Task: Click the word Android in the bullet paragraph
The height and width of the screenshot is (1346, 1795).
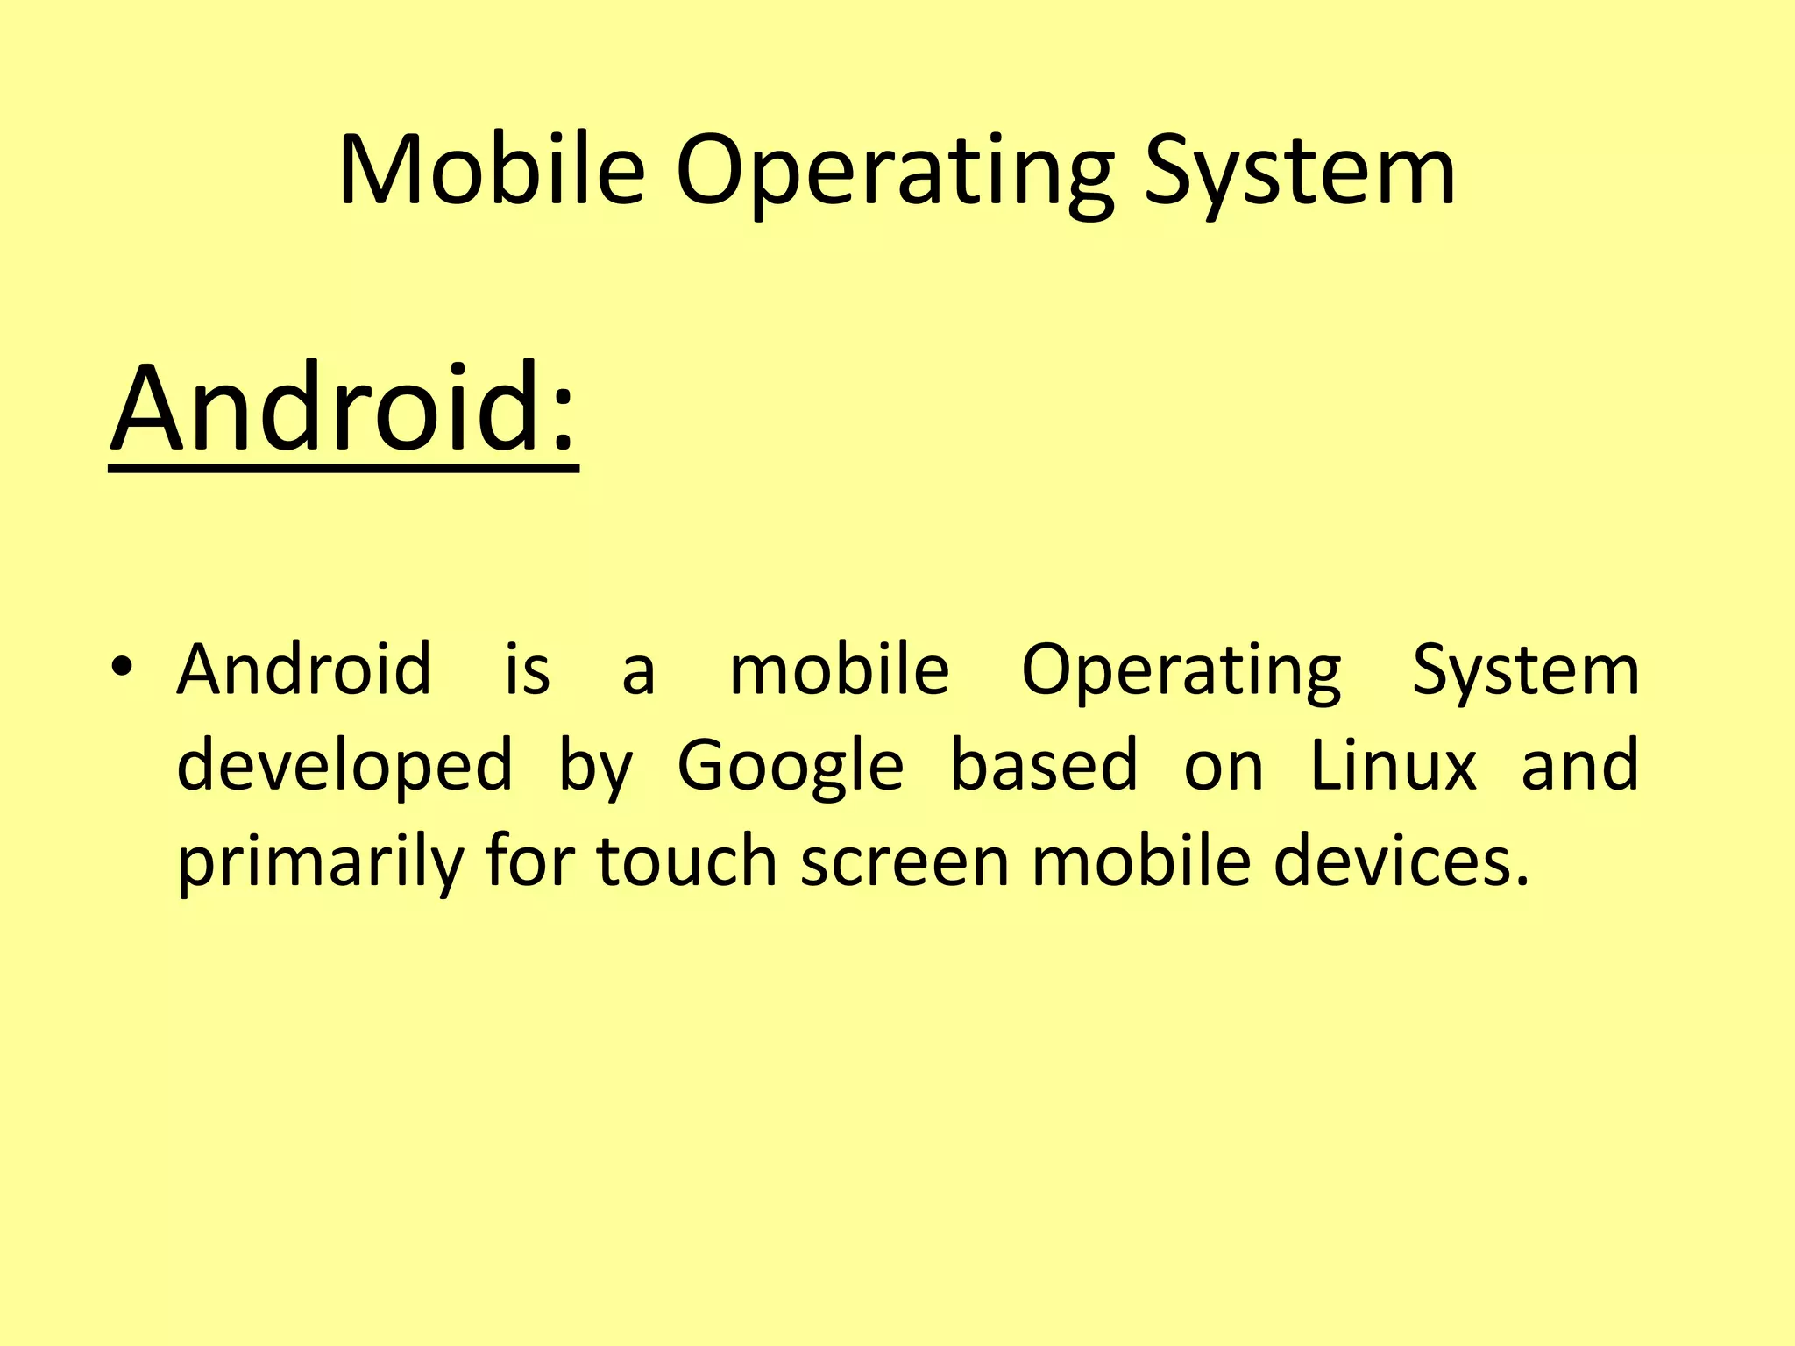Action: click(304, 669)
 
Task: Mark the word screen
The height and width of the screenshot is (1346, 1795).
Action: click(905, 862)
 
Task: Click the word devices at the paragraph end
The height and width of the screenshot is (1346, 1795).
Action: click(1400, 861)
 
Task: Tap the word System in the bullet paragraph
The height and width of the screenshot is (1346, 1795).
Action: click(1525, 671)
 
